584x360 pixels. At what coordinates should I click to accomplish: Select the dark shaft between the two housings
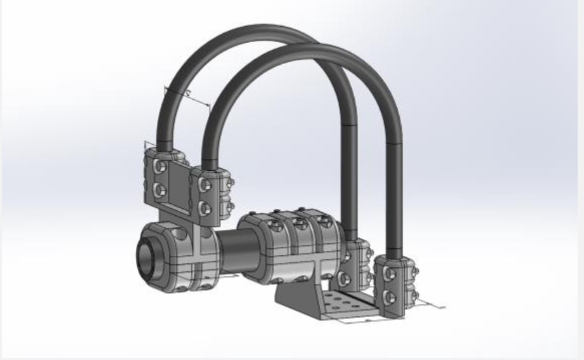(x=229, y=247)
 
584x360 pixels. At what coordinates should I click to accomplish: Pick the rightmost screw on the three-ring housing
(x=324, y=222)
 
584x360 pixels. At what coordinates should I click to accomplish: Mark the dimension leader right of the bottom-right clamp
(x=429, y=304)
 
